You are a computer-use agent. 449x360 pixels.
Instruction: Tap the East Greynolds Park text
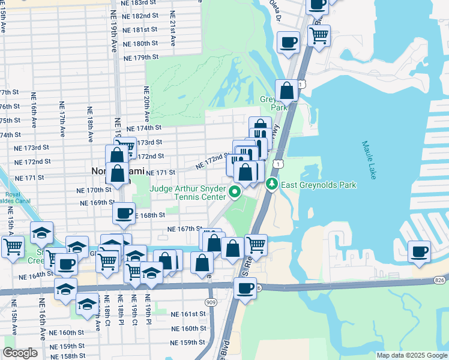(x=318, y=185)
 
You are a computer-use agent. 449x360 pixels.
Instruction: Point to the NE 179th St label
(x=140, y=58)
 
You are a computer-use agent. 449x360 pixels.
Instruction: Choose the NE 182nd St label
(x=140, y=16)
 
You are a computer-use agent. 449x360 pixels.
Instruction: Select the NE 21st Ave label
(x=173, y=29)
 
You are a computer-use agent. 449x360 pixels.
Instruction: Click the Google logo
(x=20, y=353)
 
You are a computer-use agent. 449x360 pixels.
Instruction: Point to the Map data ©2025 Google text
(x=412, y=355)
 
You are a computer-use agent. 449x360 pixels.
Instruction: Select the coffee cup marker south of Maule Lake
(x=420, y=251)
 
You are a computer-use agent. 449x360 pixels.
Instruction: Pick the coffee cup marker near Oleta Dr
(x=288, y=42)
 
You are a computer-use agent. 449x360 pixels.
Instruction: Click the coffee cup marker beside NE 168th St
(x=124, y=212)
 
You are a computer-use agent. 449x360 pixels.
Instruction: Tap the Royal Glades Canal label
(x=13, y=199)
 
